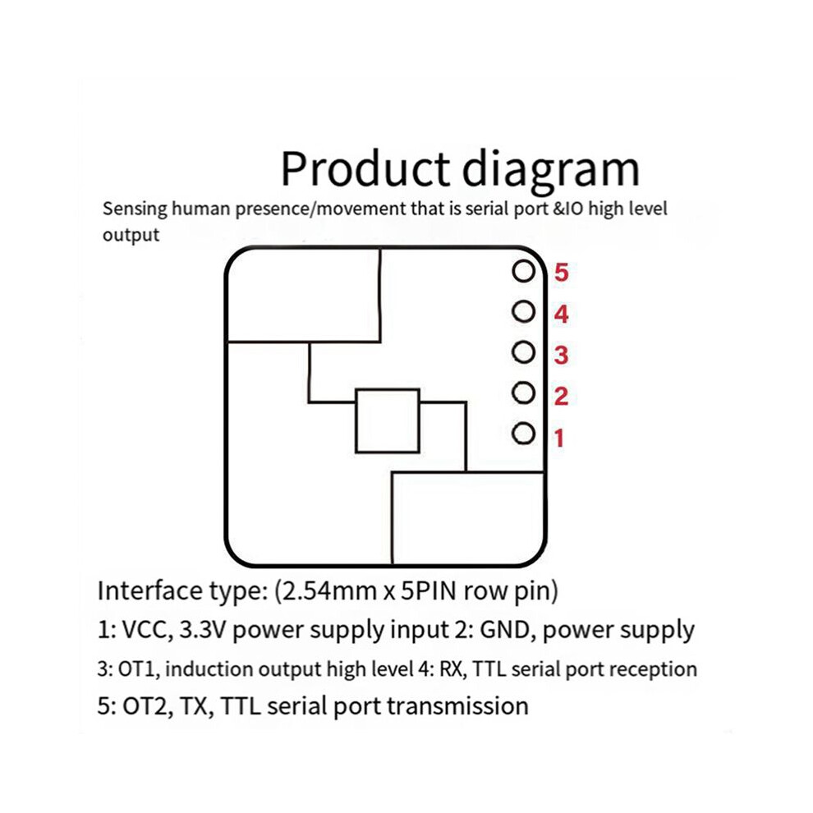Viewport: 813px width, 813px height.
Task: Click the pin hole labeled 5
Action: tap(523, 271)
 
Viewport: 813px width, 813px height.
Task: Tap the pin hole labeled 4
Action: tap(523, 311)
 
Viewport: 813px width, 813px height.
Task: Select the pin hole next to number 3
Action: tap(523, 352)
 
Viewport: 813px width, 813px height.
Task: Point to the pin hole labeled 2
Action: tap(523, 393)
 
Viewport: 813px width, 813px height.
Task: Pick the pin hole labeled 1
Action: tap(523, 434)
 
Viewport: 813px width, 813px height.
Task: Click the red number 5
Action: tap(561, 272)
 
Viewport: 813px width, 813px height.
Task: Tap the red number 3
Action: tap(561, 355)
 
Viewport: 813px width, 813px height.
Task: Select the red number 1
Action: tap(559, 439)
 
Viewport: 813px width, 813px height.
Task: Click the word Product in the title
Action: tap(365, 168)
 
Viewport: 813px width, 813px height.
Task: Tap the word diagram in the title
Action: tap(551, 170)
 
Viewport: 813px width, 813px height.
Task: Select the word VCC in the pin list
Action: tap(147, 630)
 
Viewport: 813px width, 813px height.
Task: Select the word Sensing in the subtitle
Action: tap(135, 209)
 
